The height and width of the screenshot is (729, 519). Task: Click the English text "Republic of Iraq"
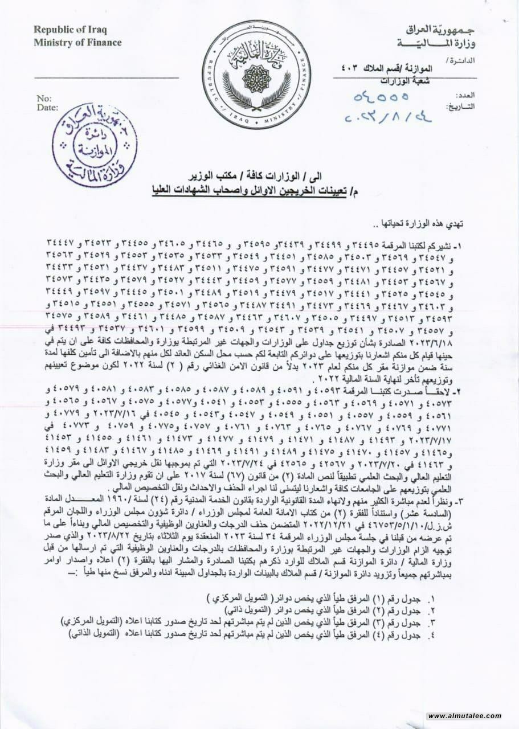(70, 30)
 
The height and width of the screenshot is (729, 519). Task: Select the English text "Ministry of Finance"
(77, 42)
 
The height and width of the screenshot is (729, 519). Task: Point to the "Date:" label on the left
(47, 107)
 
